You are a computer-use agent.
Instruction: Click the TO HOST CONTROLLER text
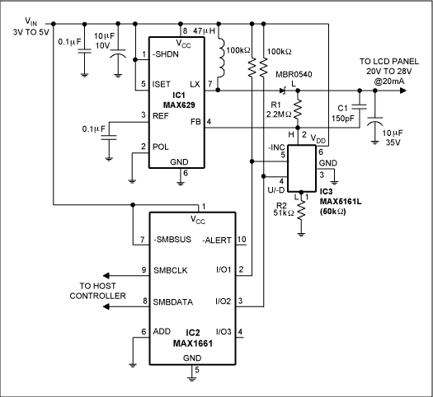tap(102, 289)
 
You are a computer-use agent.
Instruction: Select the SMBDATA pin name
tap(173, 302)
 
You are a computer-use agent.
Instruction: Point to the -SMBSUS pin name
tap(174, 240)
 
